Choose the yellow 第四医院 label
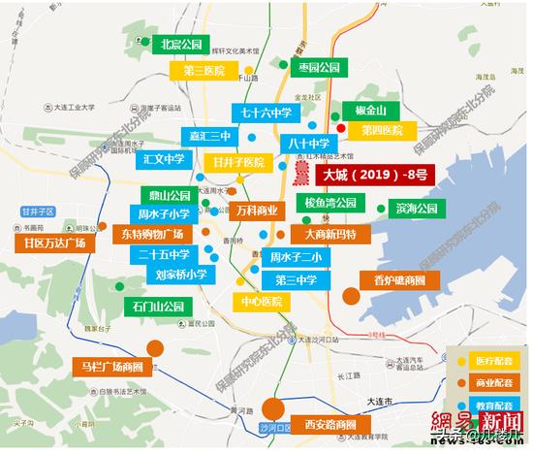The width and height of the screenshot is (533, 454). pos(382,130)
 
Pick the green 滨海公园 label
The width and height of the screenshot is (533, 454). pos(415,208)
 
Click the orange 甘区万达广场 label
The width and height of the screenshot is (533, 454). pos(55,243)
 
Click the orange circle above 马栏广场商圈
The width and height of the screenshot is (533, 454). pos(154,348)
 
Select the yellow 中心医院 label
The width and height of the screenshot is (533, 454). pos(262,301)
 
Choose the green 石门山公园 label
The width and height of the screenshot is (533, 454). pos(158,308)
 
